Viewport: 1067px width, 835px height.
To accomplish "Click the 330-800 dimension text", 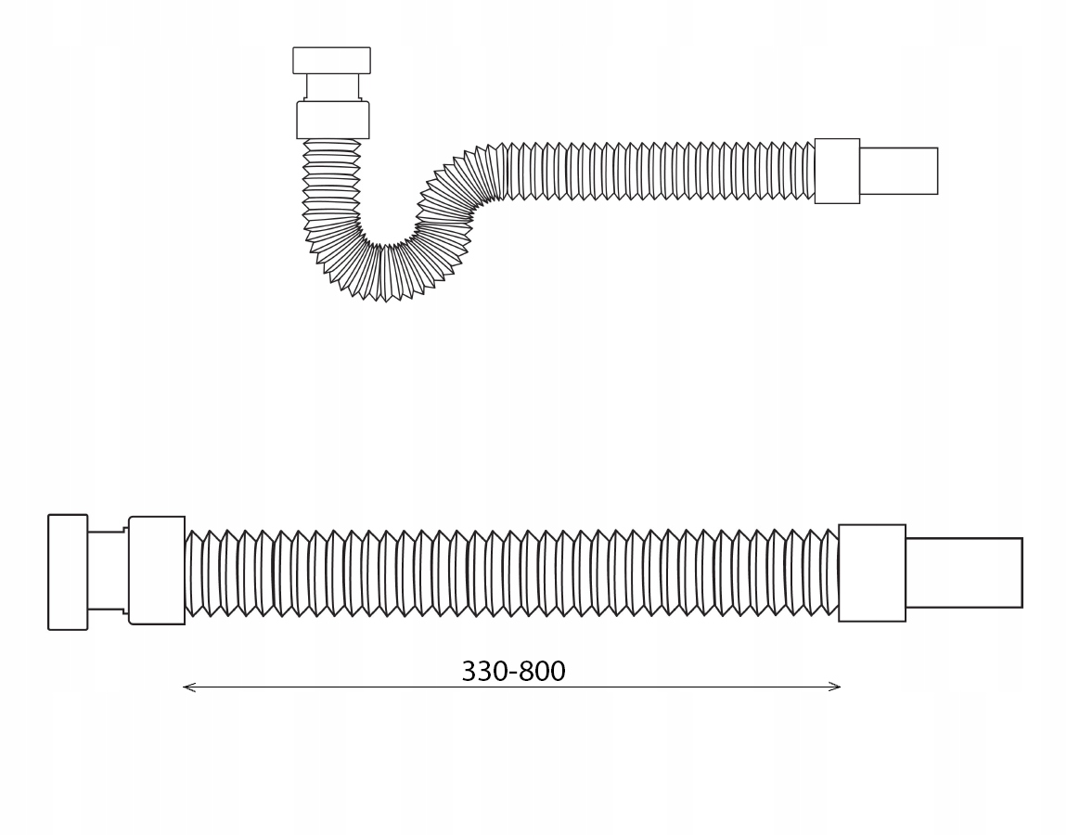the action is (513, 672).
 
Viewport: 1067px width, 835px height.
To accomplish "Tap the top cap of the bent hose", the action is (331, 60).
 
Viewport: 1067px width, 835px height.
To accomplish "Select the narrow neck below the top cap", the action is (332, 87).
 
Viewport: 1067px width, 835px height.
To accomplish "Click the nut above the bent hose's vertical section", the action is (333, 120).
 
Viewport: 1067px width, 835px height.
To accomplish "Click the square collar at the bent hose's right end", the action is (837, 171).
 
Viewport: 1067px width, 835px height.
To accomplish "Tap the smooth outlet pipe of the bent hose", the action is (899, 171).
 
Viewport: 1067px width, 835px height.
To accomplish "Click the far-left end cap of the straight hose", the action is (68, 572).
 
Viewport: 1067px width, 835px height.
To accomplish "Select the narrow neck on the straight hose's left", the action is (107, 572).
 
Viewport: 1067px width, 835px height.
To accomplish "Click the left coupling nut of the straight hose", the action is (156, 571).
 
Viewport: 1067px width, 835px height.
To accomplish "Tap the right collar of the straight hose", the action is (872, 573).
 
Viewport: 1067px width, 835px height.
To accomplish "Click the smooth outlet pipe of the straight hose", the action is (964, 573).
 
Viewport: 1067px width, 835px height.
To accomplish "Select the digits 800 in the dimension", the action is (543, 672).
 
